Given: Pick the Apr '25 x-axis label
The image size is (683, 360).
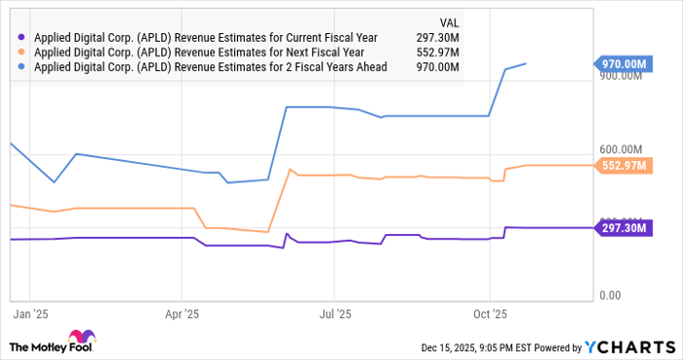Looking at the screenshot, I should pos(182,315).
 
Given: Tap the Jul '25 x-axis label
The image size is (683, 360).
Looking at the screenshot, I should pos(336,315).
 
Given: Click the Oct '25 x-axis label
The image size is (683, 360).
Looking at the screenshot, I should pos(490,315).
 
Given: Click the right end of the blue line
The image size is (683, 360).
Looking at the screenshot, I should pos(527,63).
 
